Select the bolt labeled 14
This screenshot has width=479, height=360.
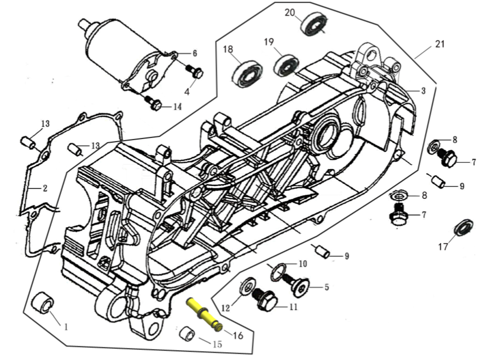coord(154,104)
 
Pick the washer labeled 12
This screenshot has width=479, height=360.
coord(245,287)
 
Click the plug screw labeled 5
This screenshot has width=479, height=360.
coord(301,286)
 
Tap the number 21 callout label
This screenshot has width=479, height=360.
coord(440,44)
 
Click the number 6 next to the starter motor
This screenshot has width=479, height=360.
coord(194,53)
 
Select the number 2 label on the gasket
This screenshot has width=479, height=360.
coord(45,188)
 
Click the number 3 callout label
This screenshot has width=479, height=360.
coord(423,91)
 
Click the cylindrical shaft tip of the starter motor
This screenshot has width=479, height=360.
coord(83,24)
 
